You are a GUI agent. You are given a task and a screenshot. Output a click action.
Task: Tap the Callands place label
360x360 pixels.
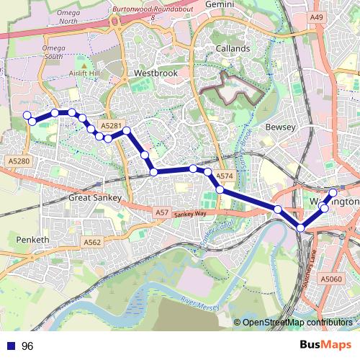point(233,48)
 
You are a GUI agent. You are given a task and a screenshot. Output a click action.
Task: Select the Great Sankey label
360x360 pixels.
point(96,197)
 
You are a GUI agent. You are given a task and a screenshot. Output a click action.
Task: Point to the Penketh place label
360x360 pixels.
point(32,239)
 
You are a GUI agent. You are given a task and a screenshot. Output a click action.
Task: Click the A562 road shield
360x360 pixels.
point(92,243)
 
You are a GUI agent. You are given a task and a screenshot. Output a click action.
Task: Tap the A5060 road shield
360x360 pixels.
point(330,279)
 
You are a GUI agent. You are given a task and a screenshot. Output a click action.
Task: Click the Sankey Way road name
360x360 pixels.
point(190,214)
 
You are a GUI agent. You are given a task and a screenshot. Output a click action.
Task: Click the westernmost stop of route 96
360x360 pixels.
point(27,115)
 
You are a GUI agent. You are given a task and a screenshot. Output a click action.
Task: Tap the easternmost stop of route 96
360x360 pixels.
point(333,192)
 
